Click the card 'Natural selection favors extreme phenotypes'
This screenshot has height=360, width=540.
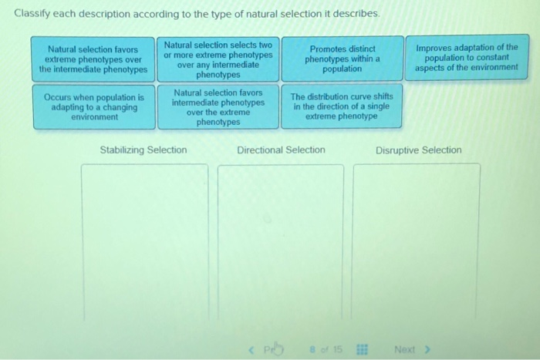click(x=93, y=59)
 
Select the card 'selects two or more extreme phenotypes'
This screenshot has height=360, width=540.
click(x=218, y=59)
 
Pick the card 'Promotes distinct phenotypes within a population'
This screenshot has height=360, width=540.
click(x=342, y=59)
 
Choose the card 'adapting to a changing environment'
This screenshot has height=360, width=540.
click(x=93, y=107)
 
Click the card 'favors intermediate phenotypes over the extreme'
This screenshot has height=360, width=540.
click(x=218, y=107)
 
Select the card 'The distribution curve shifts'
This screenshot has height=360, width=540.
click(x=342, y=107)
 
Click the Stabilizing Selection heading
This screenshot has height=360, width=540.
click(x=143, y=150)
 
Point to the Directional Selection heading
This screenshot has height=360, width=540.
click(x=281, y=150)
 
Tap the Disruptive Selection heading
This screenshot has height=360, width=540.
click(x=419, y=150)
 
